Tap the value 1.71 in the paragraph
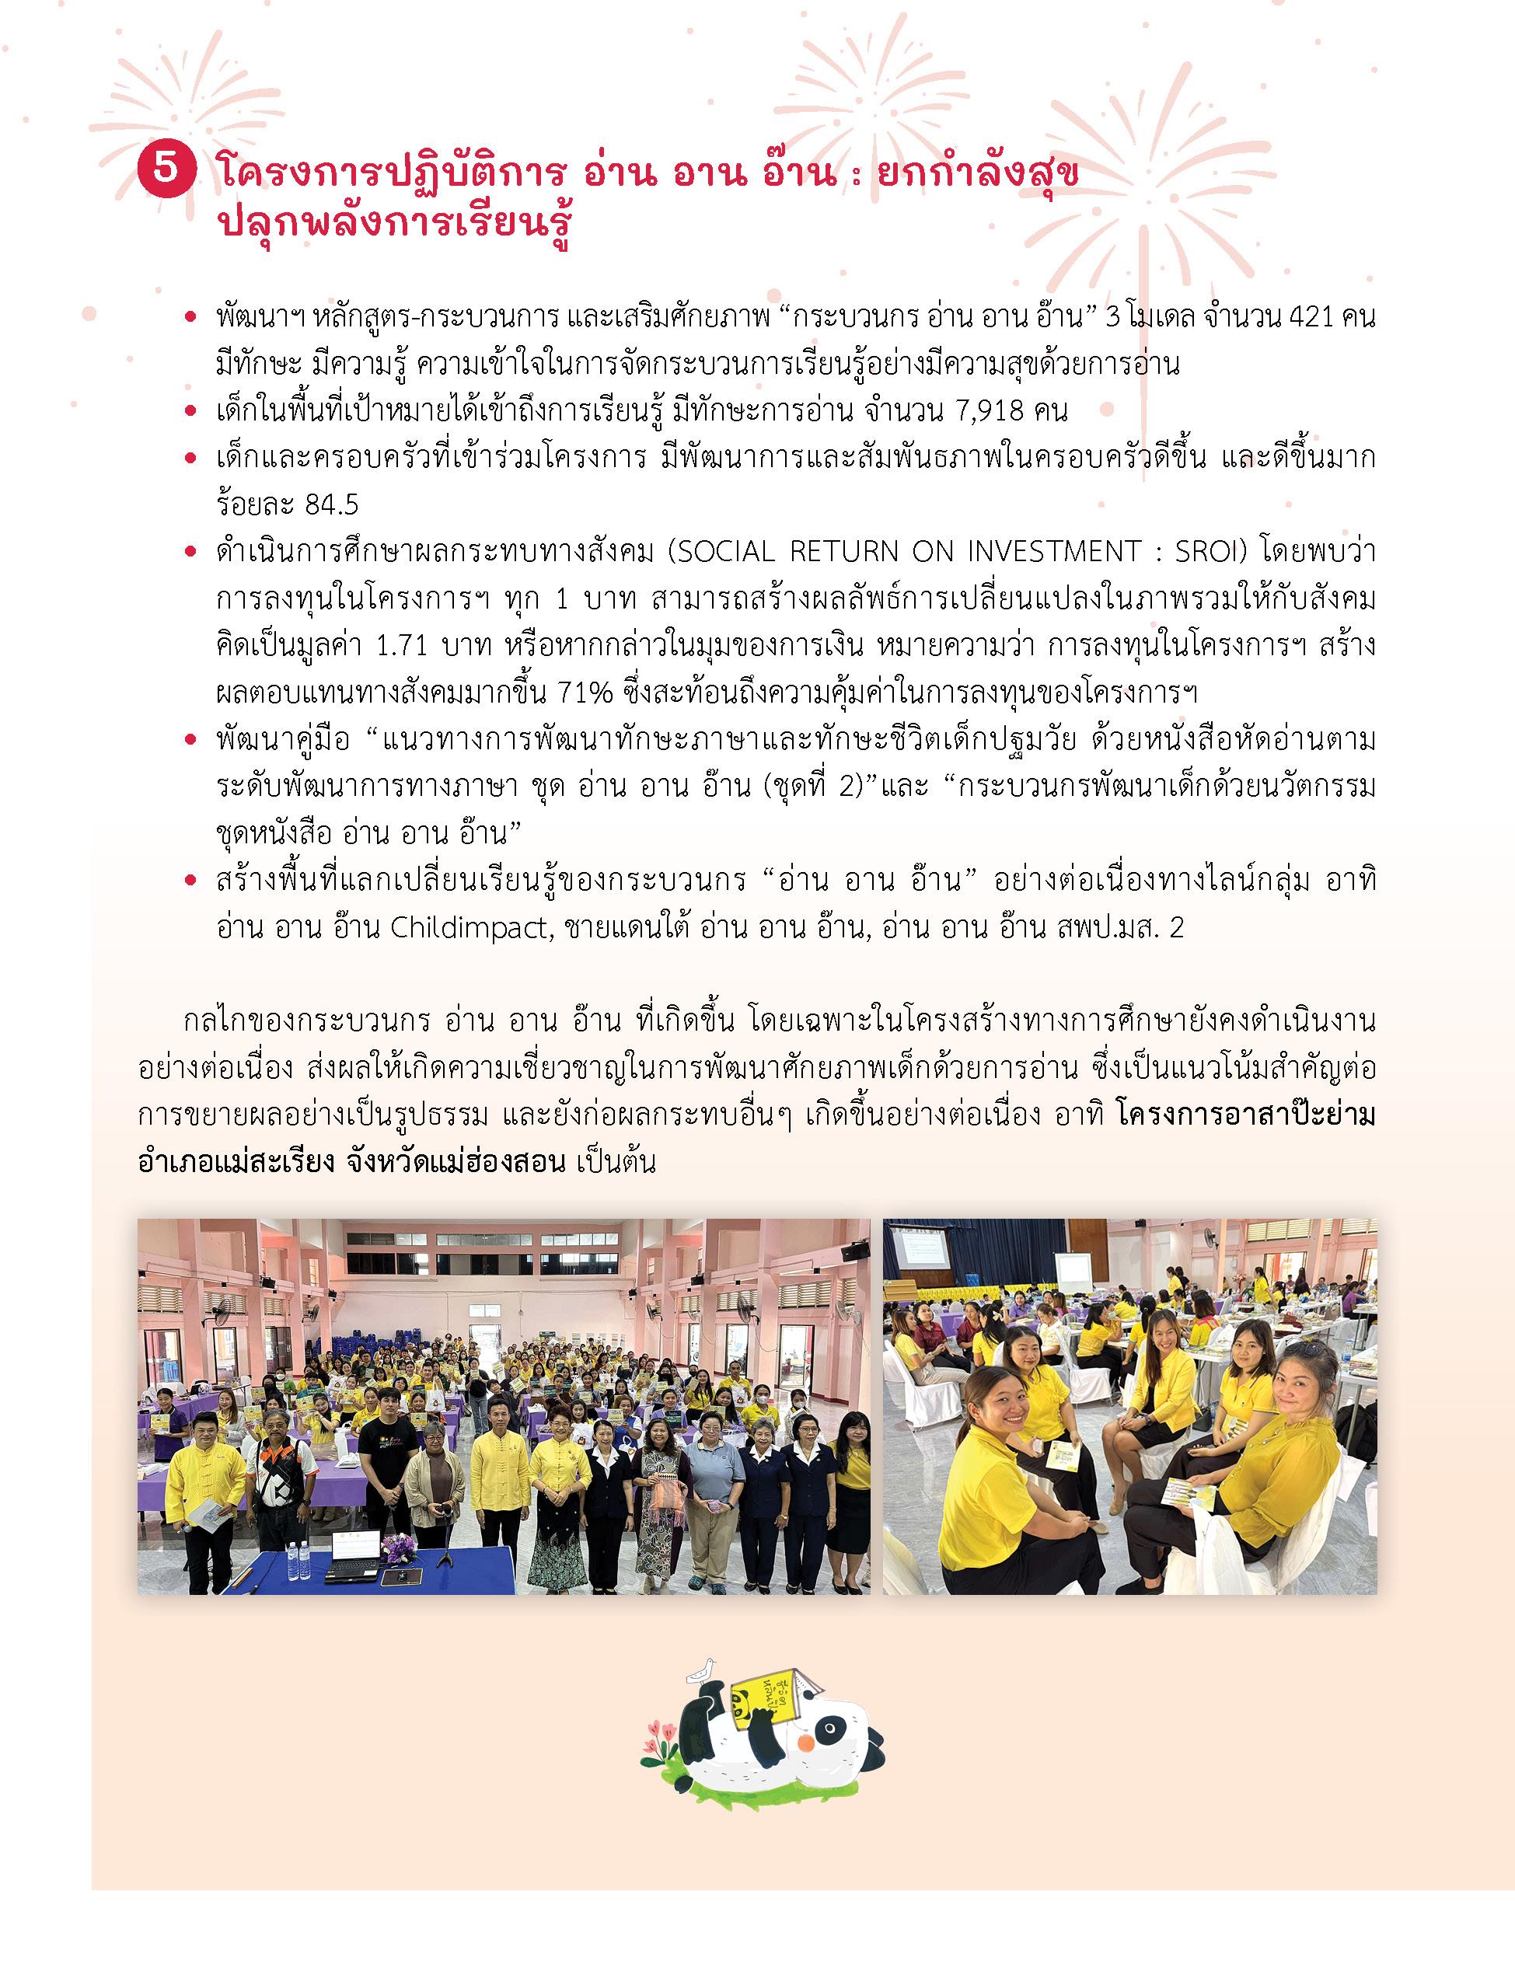point(399,646)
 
